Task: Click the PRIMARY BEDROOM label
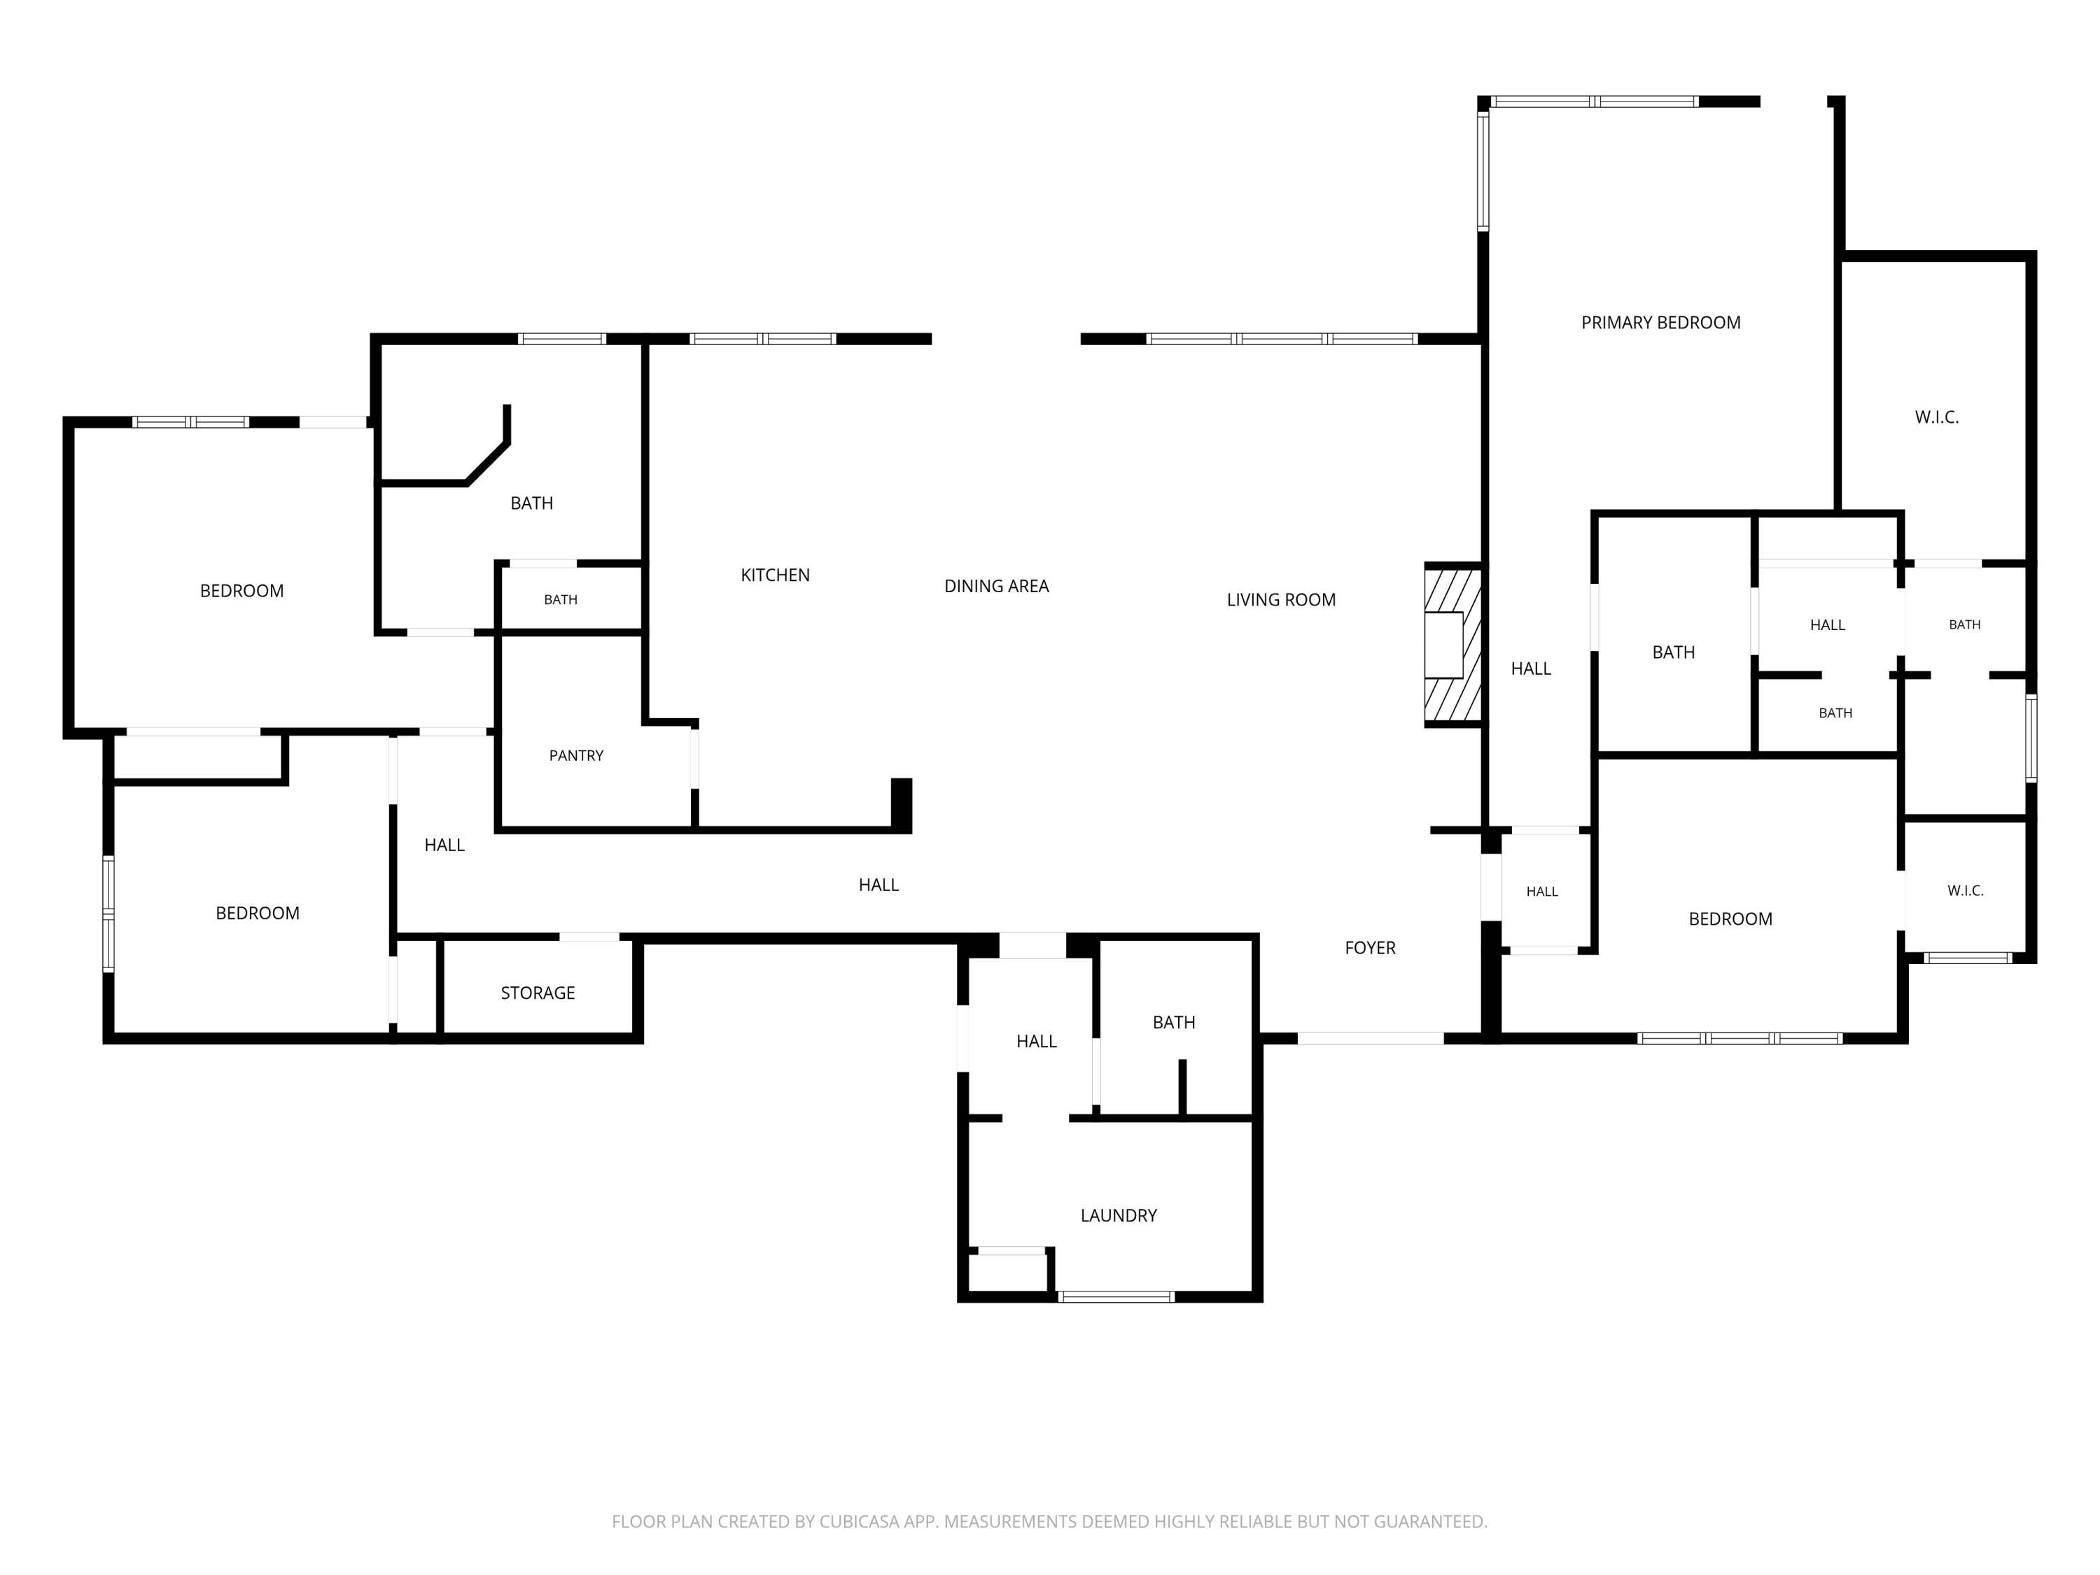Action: [x=1660, y=323]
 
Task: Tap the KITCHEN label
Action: [x=775, y=575]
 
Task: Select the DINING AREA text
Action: [x=996, y=587]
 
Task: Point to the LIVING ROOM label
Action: [x=1281, y=600]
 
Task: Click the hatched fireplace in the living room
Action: [x=1452, y=645]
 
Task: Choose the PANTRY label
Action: [x=576, y=756]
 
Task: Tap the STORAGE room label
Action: [x=538, y=993]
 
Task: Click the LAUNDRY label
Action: [x=1119, y=1215]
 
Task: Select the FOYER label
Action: [x=1370, y=948]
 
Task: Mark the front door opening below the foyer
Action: [x=1370, y=1039]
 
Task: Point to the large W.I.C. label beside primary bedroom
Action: [x=1937, y=418]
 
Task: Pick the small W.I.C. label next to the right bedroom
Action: [x=1965, y=890]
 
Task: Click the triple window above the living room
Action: [x=1282, y=339]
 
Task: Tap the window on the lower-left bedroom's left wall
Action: [x=109, y=913]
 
